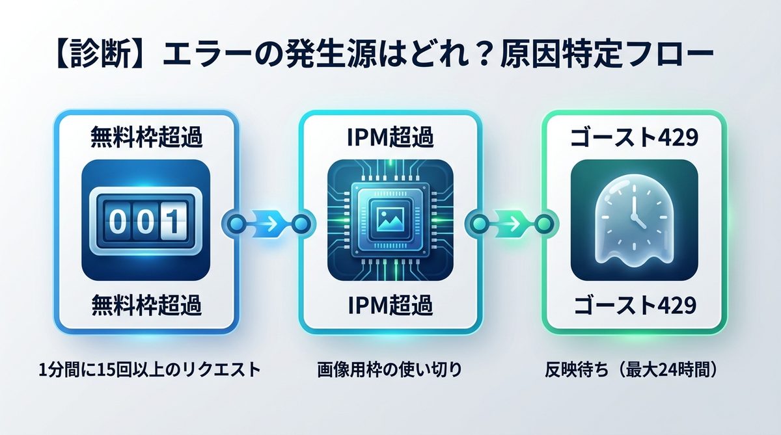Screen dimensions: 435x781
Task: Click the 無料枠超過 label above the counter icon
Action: click(145, 138)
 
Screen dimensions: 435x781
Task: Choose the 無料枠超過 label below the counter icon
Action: click(145, 304)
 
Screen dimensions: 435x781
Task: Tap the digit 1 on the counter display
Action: click(171, 221)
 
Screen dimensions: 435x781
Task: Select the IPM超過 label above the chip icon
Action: click(389, 138)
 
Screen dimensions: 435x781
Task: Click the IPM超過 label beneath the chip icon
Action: click(389, 304)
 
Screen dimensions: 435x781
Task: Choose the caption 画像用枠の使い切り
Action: click(389, 370)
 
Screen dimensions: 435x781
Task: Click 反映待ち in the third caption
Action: click(573, 370)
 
